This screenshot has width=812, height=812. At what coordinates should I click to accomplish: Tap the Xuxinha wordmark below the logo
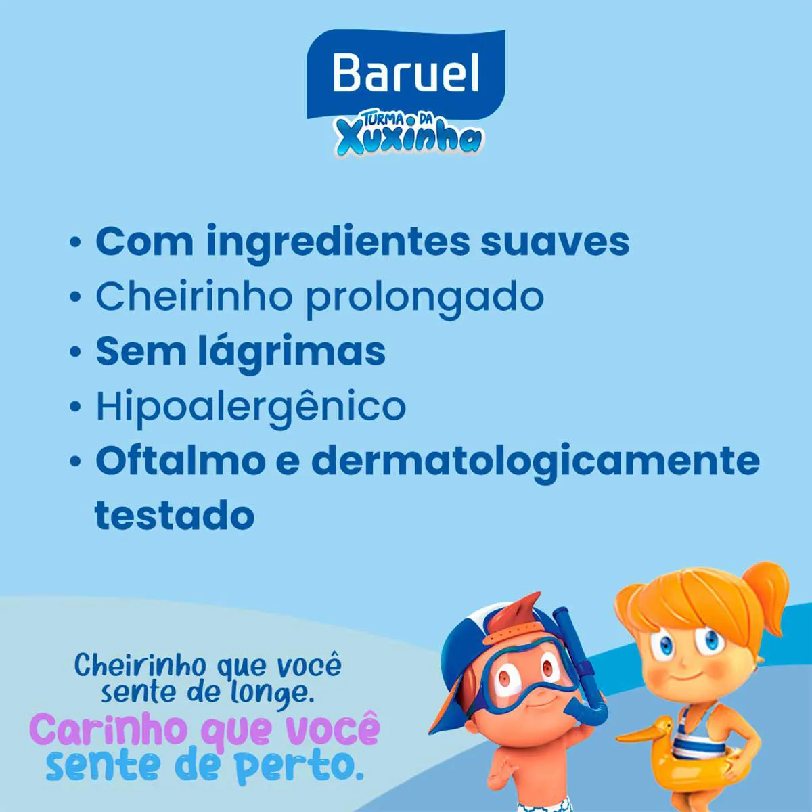point(409,140)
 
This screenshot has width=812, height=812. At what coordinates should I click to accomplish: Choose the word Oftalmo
point(181,461)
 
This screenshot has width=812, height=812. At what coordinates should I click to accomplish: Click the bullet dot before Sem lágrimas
point(75,351)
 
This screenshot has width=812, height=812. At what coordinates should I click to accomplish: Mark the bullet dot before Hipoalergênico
point(75,406)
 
